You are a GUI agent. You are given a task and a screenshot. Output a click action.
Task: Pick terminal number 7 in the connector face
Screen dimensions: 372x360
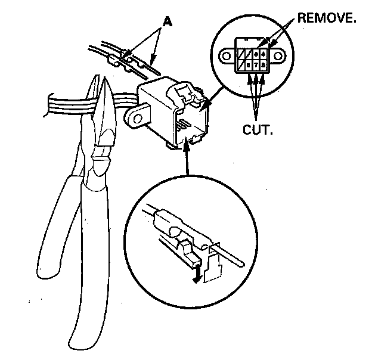coord(255,64)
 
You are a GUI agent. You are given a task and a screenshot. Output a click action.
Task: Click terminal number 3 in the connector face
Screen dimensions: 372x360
coord(255,54)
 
